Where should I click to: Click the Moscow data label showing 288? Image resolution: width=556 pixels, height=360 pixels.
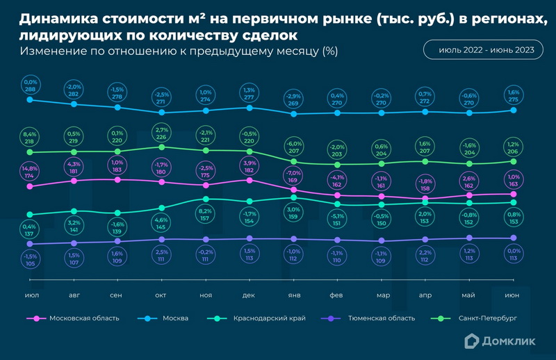(31, 86)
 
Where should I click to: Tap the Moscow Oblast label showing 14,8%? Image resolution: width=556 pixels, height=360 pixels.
(29, 172)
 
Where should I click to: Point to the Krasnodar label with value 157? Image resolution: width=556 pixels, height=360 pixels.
(205, 214)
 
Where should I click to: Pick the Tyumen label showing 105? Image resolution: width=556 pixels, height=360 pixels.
(30, 259)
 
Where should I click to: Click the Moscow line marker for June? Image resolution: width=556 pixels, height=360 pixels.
(514, 110)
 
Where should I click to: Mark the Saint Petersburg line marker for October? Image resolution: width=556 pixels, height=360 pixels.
(161, 147)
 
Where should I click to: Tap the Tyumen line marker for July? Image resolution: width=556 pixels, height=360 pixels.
(30, 244)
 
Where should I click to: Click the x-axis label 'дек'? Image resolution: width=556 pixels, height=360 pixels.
(249, 295)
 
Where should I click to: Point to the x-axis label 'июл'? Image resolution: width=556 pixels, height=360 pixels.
(31, 295)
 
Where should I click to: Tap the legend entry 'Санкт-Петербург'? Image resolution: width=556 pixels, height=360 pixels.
(489, 318)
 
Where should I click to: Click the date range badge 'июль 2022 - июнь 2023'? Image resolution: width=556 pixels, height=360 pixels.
(480, 50)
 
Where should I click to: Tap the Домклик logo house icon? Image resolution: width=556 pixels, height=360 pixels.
(471, 340)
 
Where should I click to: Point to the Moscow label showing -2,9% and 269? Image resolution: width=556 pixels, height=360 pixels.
(293, 99)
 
